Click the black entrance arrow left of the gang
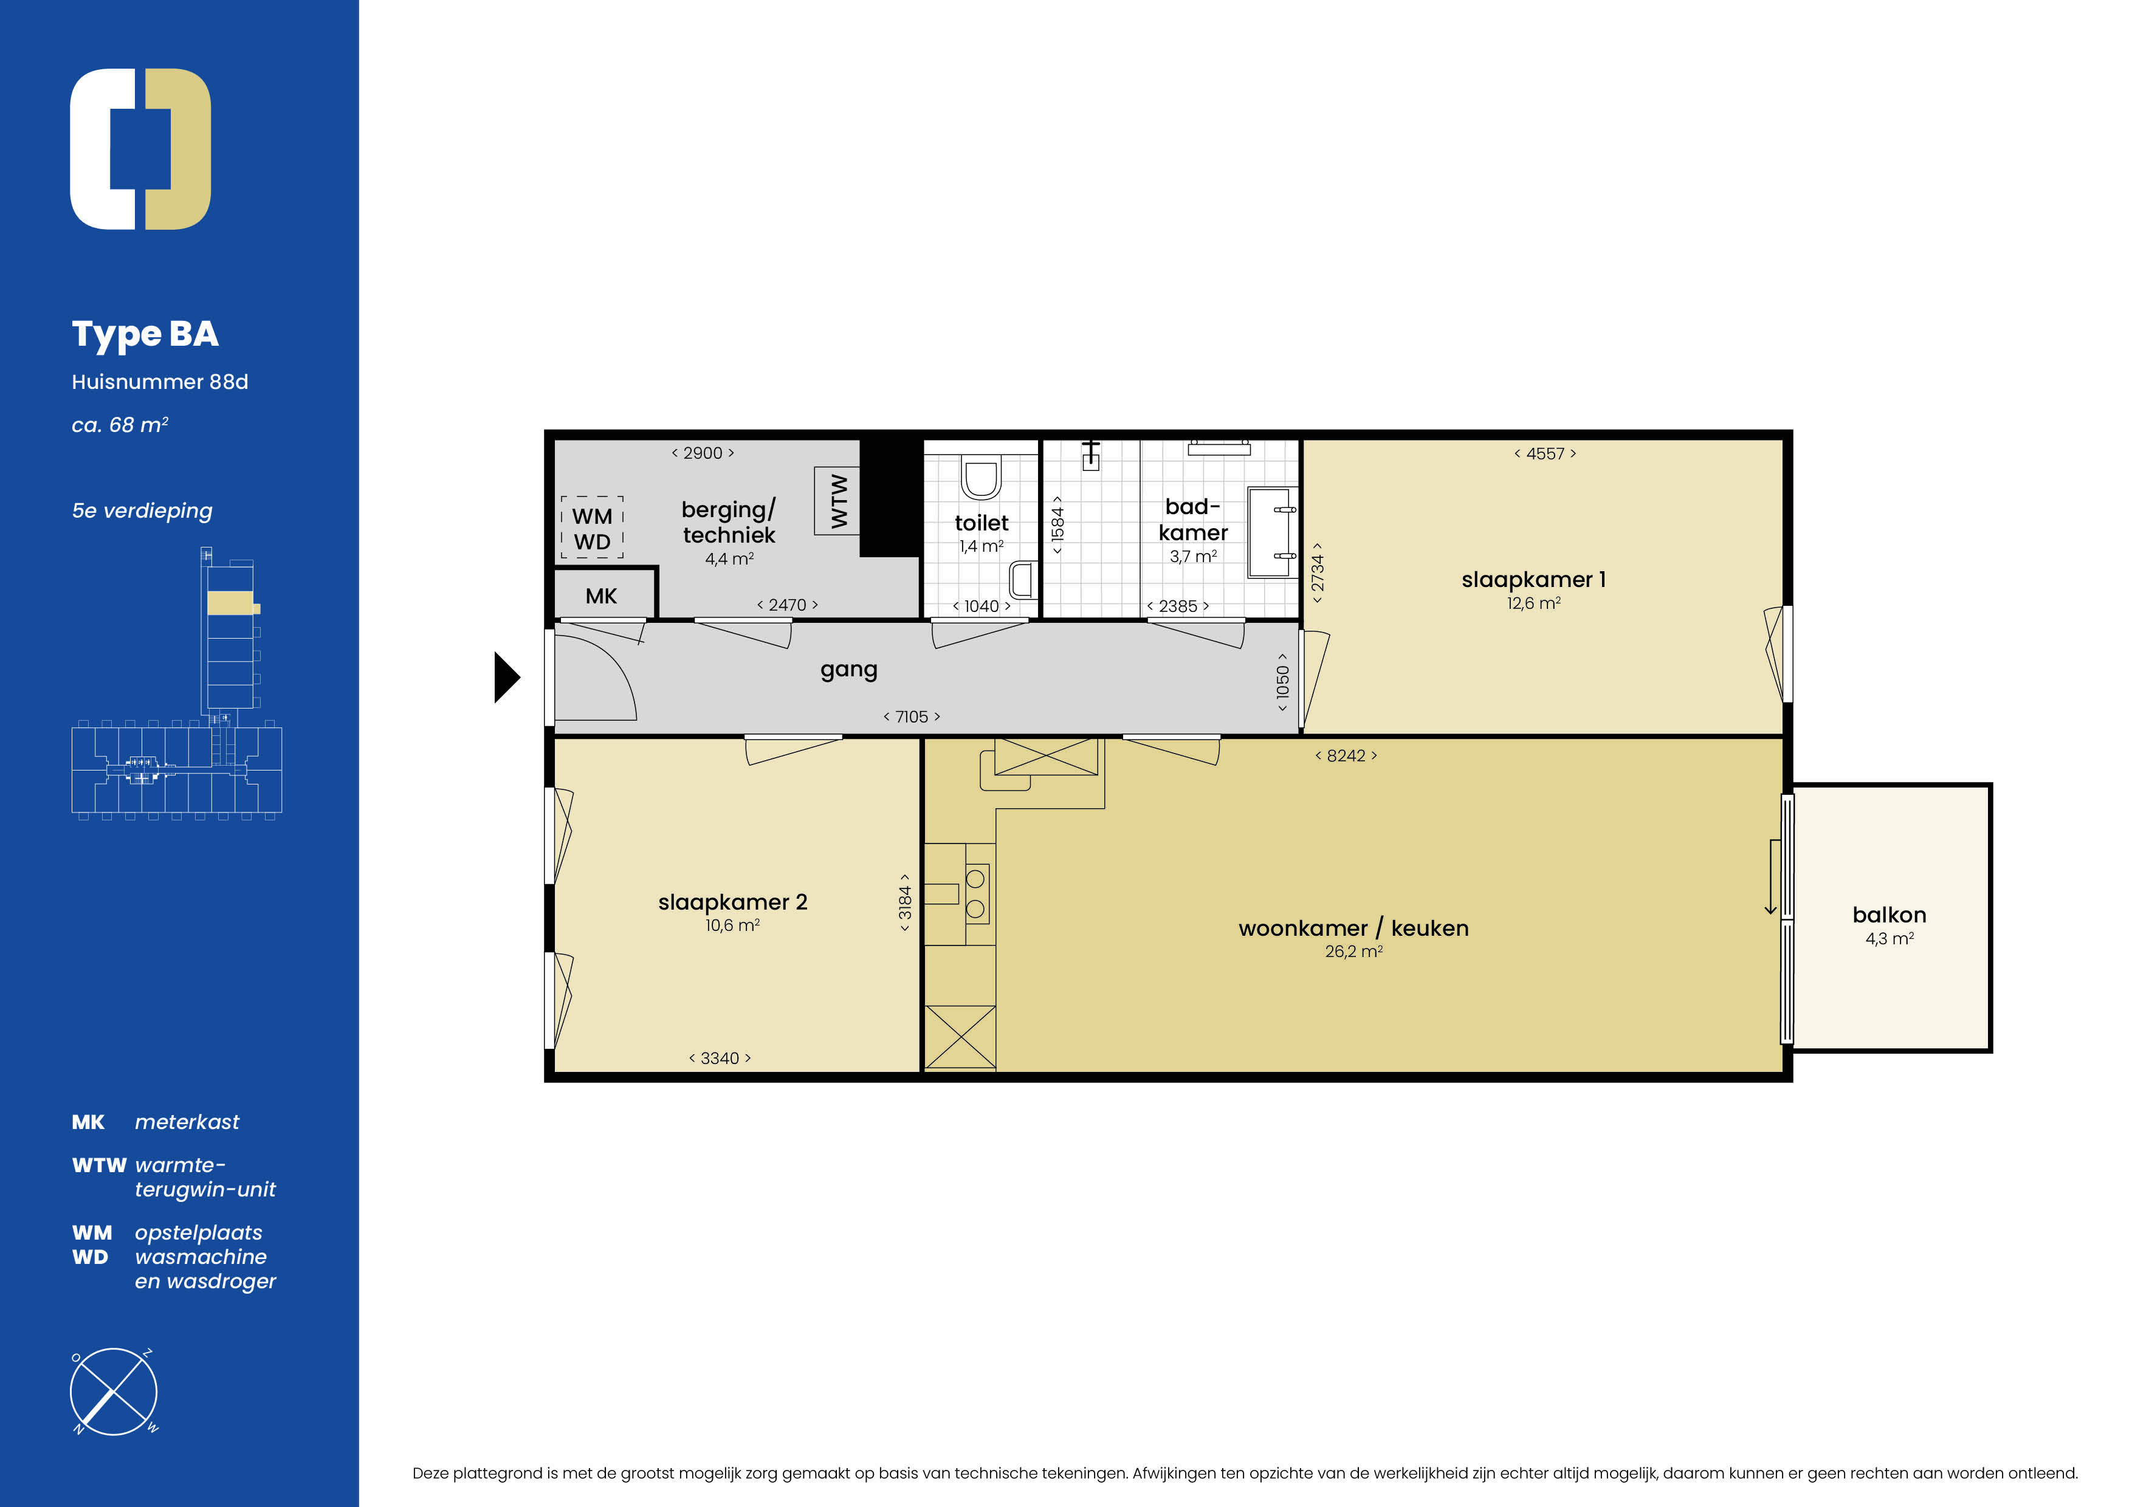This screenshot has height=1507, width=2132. coord(506,678)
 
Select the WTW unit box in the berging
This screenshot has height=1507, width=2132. coord(837,501)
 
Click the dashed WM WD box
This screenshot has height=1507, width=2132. coord(593,527)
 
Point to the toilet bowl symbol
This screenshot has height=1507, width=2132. coord(980,477)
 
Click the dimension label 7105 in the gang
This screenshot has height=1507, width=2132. coord(911,717)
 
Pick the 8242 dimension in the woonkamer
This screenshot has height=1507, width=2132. coord(1346,756)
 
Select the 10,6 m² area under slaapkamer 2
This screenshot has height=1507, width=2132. coord(732,925)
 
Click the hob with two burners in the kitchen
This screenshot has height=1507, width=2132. coord(976,894)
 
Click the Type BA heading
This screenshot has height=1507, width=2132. coord(145,334)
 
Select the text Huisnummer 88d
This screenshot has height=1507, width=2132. coord(160,382)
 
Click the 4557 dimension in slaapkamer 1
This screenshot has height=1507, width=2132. coord(1545,454)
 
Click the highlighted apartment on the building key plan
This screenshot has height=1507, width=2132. coord(232,603)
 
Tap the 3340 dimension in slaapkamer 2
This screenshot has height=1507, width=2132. coord(720,1059)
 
